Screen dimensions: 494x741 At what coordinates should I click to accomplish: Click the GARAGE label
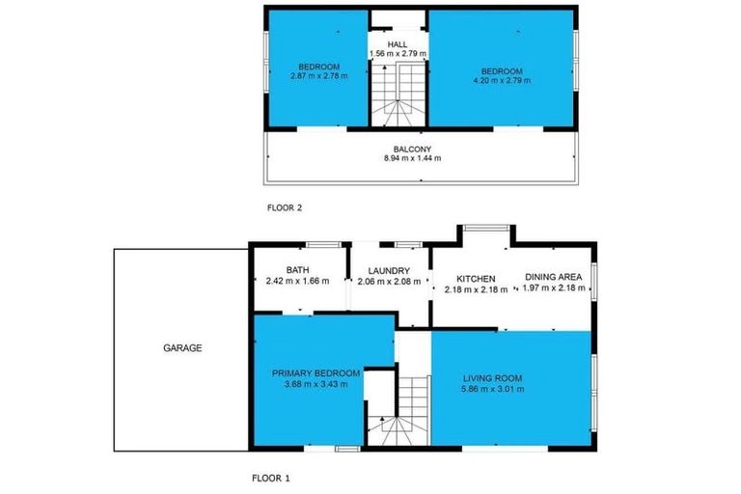pyautogui.click(x=181, y=348)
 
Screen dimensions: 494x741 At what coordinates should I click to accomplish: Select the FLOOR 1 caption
pyautogui.click(x=271, y=478)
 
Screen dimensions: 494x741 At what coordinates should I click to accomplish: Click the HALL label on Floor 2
pyautogui.click(x=398, y=44)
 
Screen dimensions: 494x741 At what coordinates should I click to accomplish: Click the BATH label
pyautogui.click(x=297, y=271)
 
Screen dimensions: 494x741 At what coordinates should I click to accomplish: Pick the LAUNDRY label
pyautogui.click(x=383, y=271)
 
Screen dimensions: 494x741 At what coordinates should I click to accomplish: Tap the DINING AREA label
pyautogui.click(x=554, y=278)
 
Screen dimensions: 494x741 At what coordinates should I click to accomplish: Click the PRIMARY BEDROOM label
pyautogui.click(x=316, y=373)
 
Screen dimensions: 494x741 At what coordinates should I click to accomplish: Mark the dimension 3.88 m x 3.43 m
pyautogui.click(x=316, y=384)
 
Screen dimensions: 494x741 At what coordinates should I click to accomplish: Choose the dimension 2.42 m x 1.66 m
pyautogui.click(x=297, y=282)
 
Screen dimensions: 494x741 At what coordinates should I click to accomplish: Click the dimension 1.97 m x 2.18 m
pyautogui.click(x=554, y=288)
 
